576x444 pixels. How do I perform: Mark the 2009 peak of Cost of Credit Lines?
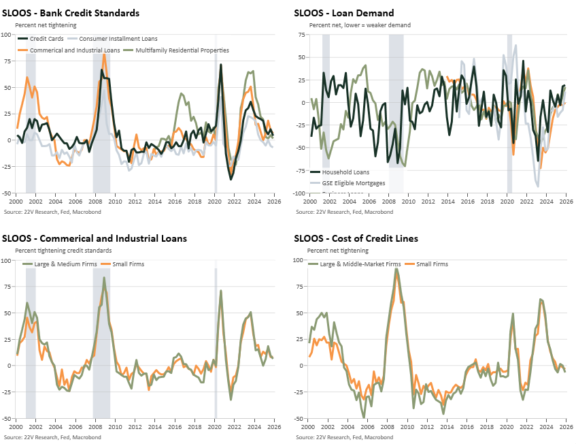[x=396, y=270]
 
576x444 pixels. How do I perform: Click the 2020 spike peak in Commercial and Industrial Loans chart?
[x=222, y=291]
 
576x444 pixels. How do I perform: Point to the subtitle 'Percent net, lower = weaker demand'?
[x=360, y=25]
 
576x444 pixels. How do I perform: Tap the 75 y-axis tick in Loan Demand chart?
[x=301, y=34]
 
